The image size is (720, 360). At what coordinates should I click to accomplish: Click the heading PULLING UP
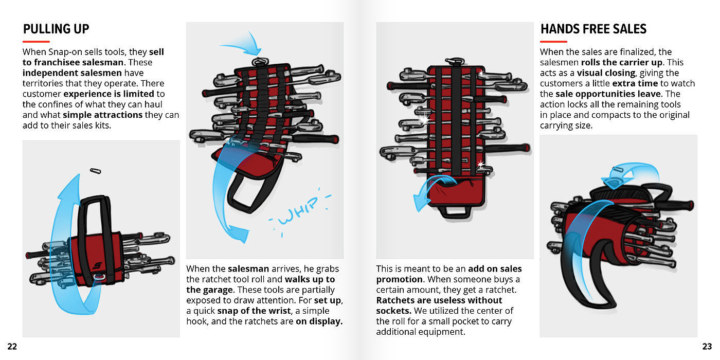(x=56, y=29)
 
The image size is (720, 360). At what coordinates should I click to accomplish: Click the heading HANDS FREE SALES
(x=593, y=29)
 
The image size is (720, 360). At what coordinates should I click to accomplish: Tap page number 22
(x=12, y=347)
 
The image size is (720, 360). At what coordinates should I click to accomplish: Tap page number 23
(x=707, y=347)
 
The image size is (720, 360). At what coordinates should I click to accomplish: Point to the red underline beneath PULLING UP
(x=36, y=42)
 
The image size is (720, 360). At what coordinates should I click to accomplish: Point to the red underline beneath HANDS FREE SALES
(x=553, y=42)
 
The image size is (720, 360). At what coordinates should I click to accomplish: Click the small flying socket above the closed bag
(x=96, y=171)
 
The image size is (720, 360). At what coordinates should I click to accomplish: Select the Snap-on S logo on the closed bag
(x=97, y=265)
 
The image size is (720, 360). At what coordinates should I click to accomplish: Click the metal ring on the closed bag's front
(x=99, y=277)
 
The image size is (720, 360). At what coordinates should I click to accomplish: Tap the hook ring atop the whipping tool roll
(x=260, y=61)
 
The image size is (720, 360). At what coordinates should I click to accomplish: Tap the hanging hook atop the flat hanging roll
(x=455, y=61)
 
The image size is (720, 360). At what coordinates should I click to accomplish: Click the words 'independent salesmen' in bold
(x=72, y=73)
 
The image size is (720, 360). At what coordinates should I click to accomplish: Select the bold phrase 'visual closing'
(x=606, y=73)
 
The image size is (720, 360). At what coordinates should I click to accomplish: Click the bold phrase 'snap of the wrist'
(x=254, y=311)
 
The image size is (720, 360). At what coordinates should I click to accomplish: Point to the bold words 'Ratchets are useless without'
(x=439, y=300)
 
